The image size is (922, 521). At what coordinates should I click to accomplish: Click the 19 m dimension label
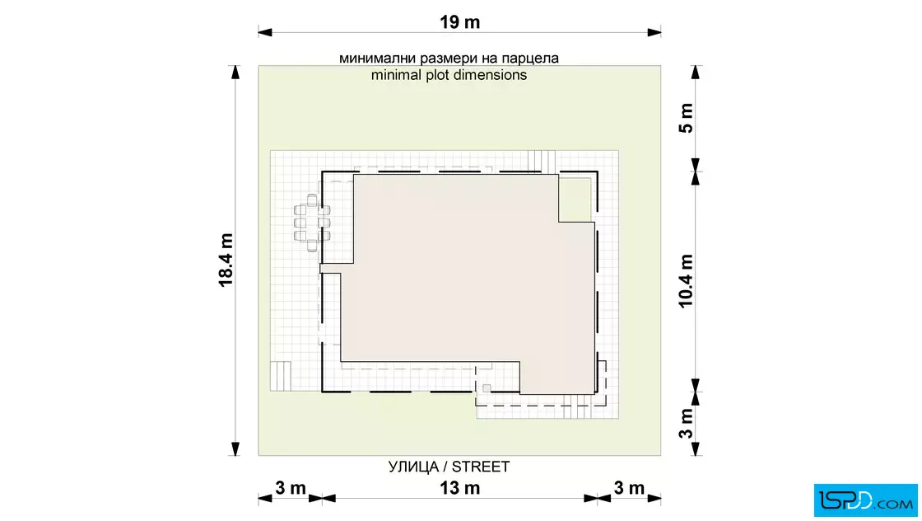(460, 22)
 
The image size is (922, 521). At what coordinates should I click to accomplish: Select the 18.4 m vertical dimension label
(226, 260)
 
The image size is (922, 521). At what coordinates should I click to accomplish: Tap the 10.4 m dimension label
(686, 281)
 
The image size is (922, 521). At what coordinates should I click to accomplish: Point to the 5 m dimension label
(686, 118)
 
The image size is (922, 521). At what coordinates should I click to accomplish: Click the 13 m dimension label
(460, 488)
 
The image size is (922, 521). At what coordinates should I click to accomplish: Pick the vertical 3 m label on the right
(686, 424)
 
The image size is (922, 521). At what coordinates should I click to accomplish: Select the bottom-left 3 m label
(291, 488)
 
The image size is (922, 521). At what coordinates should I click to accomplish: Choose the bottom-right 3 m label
(629, 488)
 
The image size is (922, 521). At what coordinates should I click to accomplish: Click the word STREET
(481, 467)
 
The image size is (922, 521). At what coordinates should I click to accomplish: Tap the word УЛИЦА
(413, 467)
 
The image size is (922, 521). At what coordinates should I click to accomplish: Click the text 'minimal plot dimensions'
(449, 75)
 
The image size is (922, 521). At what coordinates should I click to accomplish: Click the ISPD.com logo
(865, 500)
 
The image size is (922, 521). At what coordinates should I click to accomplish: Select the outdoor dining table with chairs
(312, 223)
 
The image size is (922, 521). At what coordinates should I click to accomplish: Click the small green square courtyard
(575, 199)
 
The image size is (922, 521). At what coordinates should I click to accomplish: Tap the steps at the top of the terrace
(541, 161)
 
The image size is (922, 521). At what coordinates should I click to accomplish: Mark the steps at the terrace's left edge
(281, 376)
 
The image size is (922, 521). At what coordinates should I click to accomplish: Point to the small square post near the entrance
(487, 388)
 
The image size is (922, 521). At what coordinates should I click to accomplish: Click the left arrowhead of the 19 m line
(265, 32)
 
